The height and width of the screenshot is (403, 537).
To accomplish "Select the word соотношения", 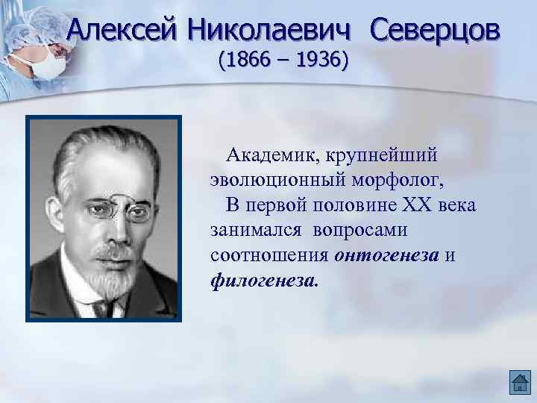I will [x=269, y=254].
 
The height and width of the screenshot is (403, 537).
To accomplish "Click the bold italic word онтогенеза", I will [x=386, y=254].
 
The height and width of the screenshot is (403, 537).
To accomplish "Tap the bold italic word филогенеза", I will [x=265, y=280].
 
